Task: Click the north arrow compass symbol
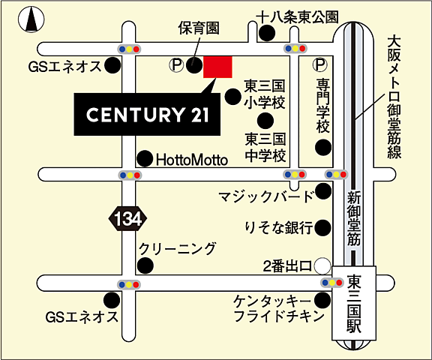(31, 19)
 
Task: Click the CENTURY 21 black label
(146, 115)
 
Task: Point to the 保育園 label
(198, 28)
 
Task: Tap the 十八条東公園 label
(297, 16)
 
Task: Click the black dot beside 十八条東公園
(266, 32)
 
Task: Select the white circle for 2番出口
(322, 265)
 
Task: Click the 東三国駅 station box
(355, 304)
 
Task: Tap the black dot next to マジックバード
(323, 193)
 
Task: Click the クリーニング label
(177, 248)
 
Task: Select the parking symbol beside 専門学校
(321, 66)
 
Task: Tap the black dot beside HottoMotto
(143, 159)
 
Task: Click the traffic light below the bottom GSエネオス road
(129, 285)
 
